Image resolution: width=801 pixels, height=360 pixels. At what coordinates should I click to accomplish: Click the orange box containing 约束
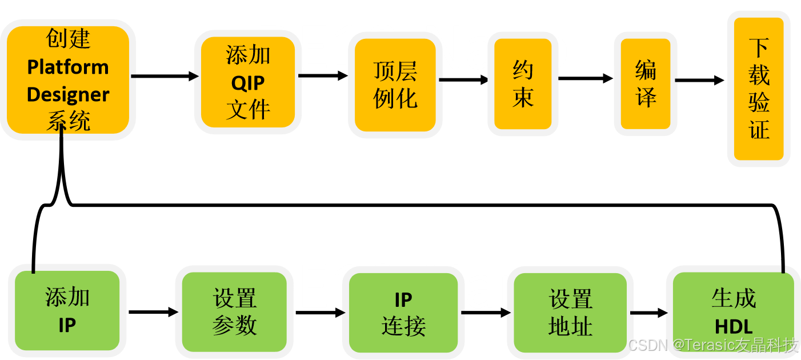pyautogui.click(x=523, y=84)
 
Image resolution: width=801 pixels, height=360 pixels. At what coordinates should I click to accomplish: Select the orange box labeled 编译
pyautogui.click(x=646, y=84)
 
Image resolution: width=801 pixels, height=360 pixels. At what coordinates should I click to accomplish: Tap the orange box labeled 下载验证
pyautogui.click(x=759, y=89)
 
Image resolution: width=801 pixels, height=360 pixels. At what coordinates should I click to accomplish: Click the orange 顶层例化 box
pyautogui.click(x=395, y=85)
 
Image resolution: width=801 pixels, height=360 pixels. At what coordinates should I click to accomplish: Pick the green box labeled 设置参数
pyautogui.click(x=234, y=312)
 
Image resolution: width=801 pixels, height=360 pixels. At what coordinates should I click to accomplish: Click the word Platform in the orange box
pyautogui.click(x=68, y=67)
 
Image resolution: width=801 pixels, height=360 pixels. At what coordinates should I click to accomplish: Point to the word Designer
pyautogui.click(x=68, y=94)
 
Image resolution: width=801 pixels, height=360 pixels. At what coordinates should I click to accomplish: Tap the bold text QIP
pyautogui.click(x=248, y=83)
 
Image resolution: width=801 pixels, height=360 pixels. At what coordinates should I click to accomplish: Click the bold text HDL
pyautogui.click(x=734, y=327)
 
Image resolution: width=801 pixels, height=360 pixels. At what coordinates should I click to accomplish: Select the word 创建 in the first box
pyautogui.click(x=68, y=39)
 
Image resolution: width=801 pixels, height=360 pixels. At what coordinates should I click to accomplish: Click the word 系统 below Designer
pyautogui.click(x=68, y=121)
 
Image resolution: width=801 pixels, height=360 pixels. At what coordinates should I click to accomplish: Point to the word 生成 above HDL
pyautogui.click(x=734, y=298)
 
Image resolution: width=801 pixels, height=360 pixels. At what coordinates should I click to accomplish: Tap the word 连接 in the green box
pyautogui.click(x=403, y=327)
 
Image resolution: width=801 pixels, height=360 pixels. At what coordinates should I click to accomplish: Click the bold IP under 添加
pyautogui.click(x=67, y=325)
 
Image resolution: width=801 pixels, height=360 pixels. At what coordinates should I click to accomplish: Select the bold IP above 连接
pyautogui.click(x=403, y=299)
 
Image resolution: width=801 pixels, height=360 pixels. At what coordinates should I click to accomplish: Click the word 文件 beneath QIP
pyautogui.click(x=248, y=110)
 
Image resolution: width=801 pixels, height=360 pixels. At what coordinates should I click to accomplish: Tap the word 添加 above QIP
pyautogui.click(x=248, y=55)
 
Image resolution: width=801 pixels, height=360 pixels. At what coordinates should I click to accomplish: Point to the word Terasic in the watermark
pyautogui.click(x=706, y=345)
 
